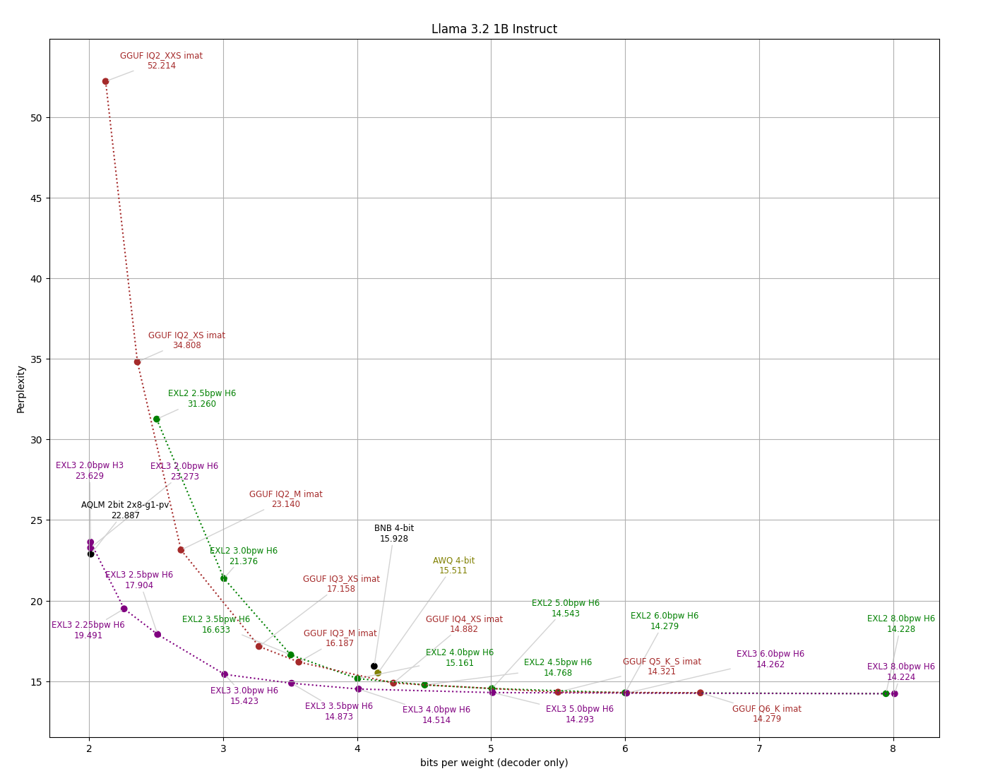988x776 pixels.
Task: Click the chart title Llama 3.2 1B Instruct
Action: pos(494,30)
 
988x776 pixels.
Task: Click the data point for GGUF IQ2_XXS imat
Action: pos(105,81)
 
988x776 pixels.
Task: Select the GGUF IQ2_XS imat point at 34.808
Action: pos(137,362)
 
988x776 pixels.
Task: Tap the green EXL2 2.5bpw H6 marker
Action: pos(156,419)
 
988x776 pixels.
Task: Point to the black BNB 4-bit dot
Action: pos(374,667)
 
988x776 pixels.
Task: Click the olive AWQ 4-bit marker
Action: pos(378,673)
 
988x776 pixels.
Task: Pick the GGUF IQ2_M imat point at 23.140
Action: pos(181,550)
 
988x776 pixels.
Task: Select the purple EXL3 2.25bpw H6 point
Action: pos(124,609)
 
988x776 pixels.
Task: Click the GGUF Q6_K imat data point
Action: pos(700,693)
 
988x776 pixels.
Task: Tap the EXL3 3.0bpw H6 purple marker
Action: pos(225,674)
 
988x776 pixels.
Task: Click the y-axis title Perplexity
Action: pos(21,388)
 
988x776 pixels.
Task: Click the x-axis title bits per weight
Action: pos(494,763)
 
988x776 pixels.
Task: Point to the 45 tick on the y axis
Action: pos(35,198)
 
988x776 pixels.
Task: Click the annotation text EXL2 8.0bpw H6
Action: pos(900,619)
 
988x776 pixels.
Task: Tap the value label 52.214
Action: pos(161,66)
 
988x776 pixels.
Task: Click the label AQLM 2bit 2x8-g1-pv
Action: pos(125,505)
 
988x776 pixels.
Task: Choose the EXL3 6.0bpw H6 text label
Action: pos(770,654)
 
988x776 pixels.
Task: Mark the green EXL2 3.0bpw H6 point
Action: pos(224,578)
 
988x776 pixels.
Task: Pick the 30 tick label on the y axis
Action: pos(35,440)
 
